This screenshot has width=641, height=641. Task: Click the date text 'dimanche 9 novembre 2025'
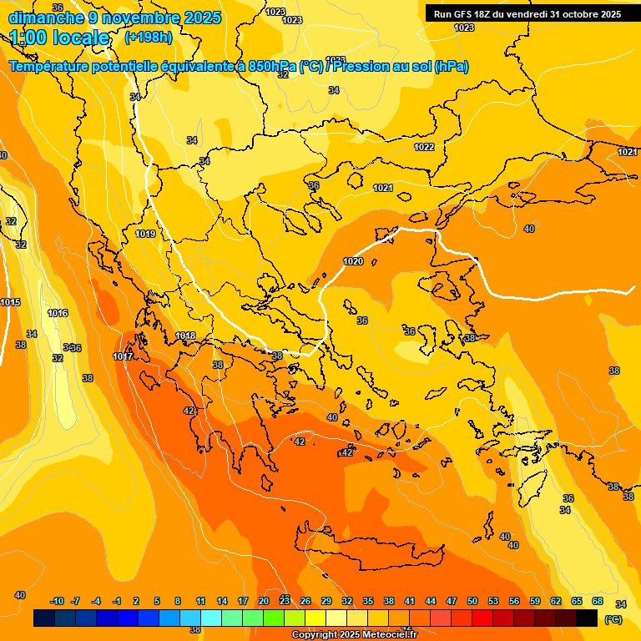point(114,18)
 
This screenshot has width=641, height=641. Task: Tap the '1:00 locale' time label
point(59,38)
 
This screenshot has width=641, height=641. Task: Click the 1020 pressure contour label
point(353,261)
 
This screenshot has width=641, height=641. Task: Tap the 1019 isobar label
point(145,234)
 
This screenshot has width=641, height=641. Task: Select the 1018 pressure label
point(185,336)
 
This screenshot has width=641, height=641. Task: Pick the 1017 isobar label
point(123,356)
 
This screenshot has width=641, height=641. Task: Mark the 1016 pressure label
point(58,313)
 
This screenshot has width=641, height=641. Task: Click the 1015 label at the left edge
point(11,302)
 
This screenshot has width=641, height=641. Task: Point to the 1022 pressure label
point(425,147)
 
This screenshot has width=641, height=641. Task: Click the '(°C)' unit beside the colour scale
point(613,619)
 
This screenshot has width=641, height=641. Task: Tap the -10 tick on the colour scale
point(57,601)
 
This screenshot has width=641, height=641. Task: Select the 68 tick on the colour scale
point(598,601)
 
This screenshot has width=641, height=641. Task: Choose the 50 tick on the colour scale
point(472,601)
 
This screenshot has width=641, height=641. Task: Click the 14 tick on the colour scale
point(222,601)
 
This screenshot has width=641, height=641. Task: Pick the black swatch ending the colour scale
point(587,618)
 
